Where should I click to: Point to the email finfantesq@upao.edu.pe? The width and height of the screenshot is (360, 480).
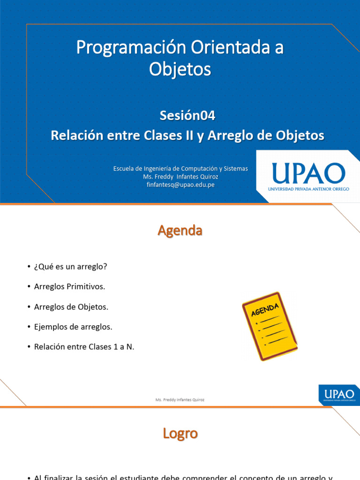(x=180, y=185)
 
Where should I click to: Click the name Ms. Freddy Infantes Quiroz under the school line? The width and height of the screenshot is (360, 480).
(x=180, y=177)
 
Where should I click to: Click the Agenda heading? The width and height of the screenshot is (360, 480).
(x=180, y=231)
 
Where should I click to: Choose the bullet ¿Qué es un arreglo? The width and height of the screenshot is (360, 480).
(x=70, y=266)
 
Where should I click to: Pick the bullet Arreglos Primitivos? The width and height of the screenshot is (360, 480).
(x=69, y=286)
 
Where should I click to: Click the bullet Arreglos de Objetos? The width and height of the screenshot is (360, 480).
(x=71, y=307)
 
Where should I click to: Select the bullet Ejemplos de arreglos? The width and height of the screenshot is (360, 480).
(x=73, y=327)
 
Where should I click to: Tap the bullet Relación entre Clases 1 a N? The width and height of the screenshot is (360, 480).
(x=84, y=347)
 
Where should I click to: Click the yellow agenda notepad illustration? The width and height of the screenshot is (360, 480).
(x=270, y=326)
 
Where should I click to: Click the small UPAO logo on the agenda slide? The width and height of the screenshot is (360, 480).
(x=339, y=394)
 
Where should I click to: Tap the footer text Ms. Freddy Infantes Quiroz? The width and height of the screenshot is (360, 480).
(x=180, y=400)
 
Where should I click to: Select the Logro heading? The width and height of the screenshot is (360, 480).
(x=180, y=434)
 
